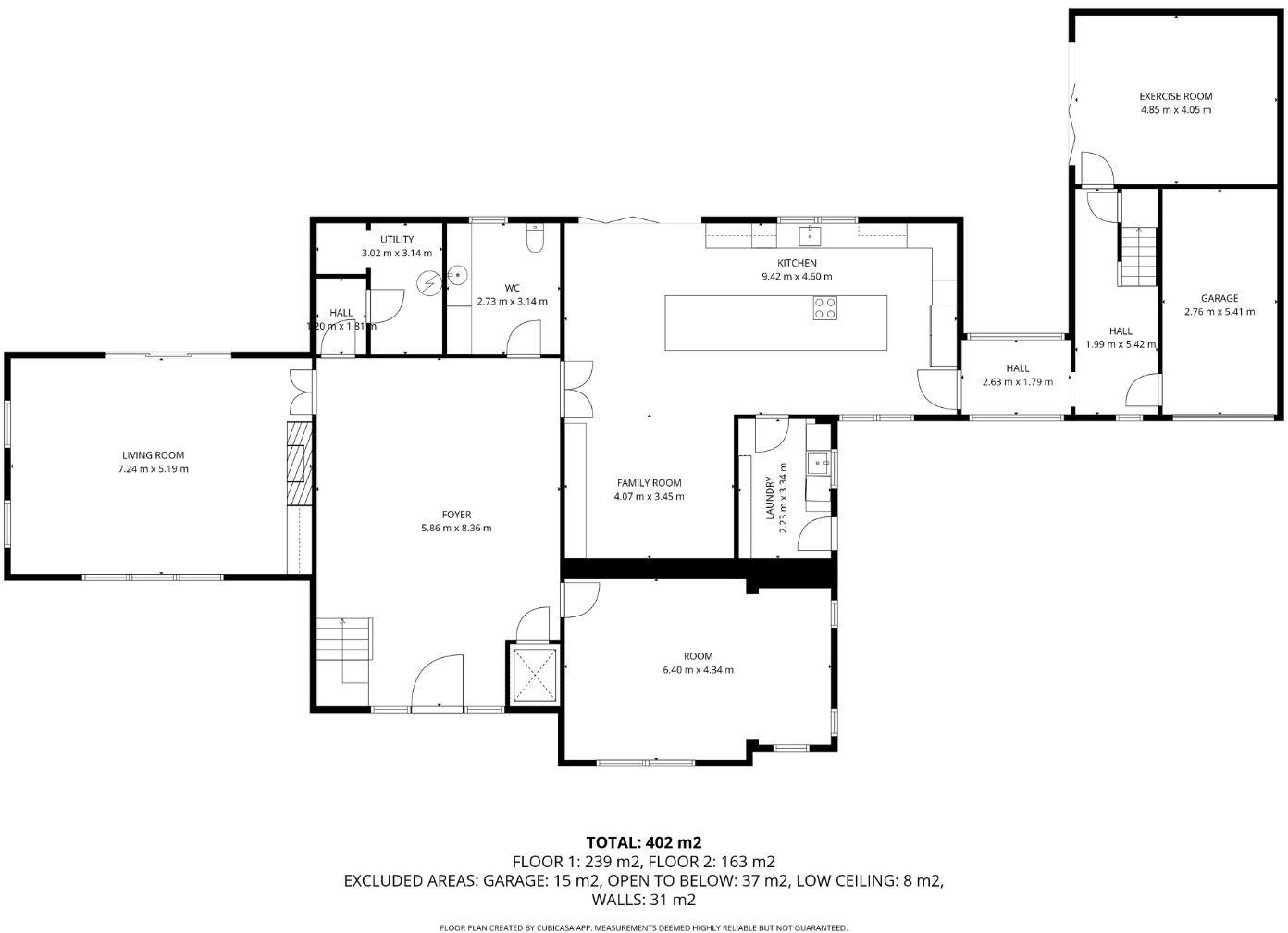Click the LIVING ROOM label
pyautogui.click(x=153, y=455)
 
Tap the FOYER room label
pyautogui.click(x=456, y=515)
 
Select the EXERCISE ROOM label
pyautogui.click(x=1175, y=96)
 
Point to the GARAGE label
pyautogui.click(x=1219, y=298)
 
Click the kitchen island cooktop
pyautogui.click(x=824, y=308)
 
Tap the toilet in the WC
pyautogui.click(x=534, y=240)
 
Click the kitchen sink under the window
pyautogui.click(x=811, y=233)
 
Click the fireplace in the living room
pyautogui.click(x=299, y=464)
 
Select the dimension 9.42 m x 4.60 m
pyautogui.click(x=797, y=277)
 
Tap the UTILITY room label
pyautogui.click(x=396, y=240)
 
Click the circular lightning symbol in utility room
pyautogui.click(x=428, y=282)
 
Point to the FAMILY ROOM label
pyautogui.click(x=649, y=483)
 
